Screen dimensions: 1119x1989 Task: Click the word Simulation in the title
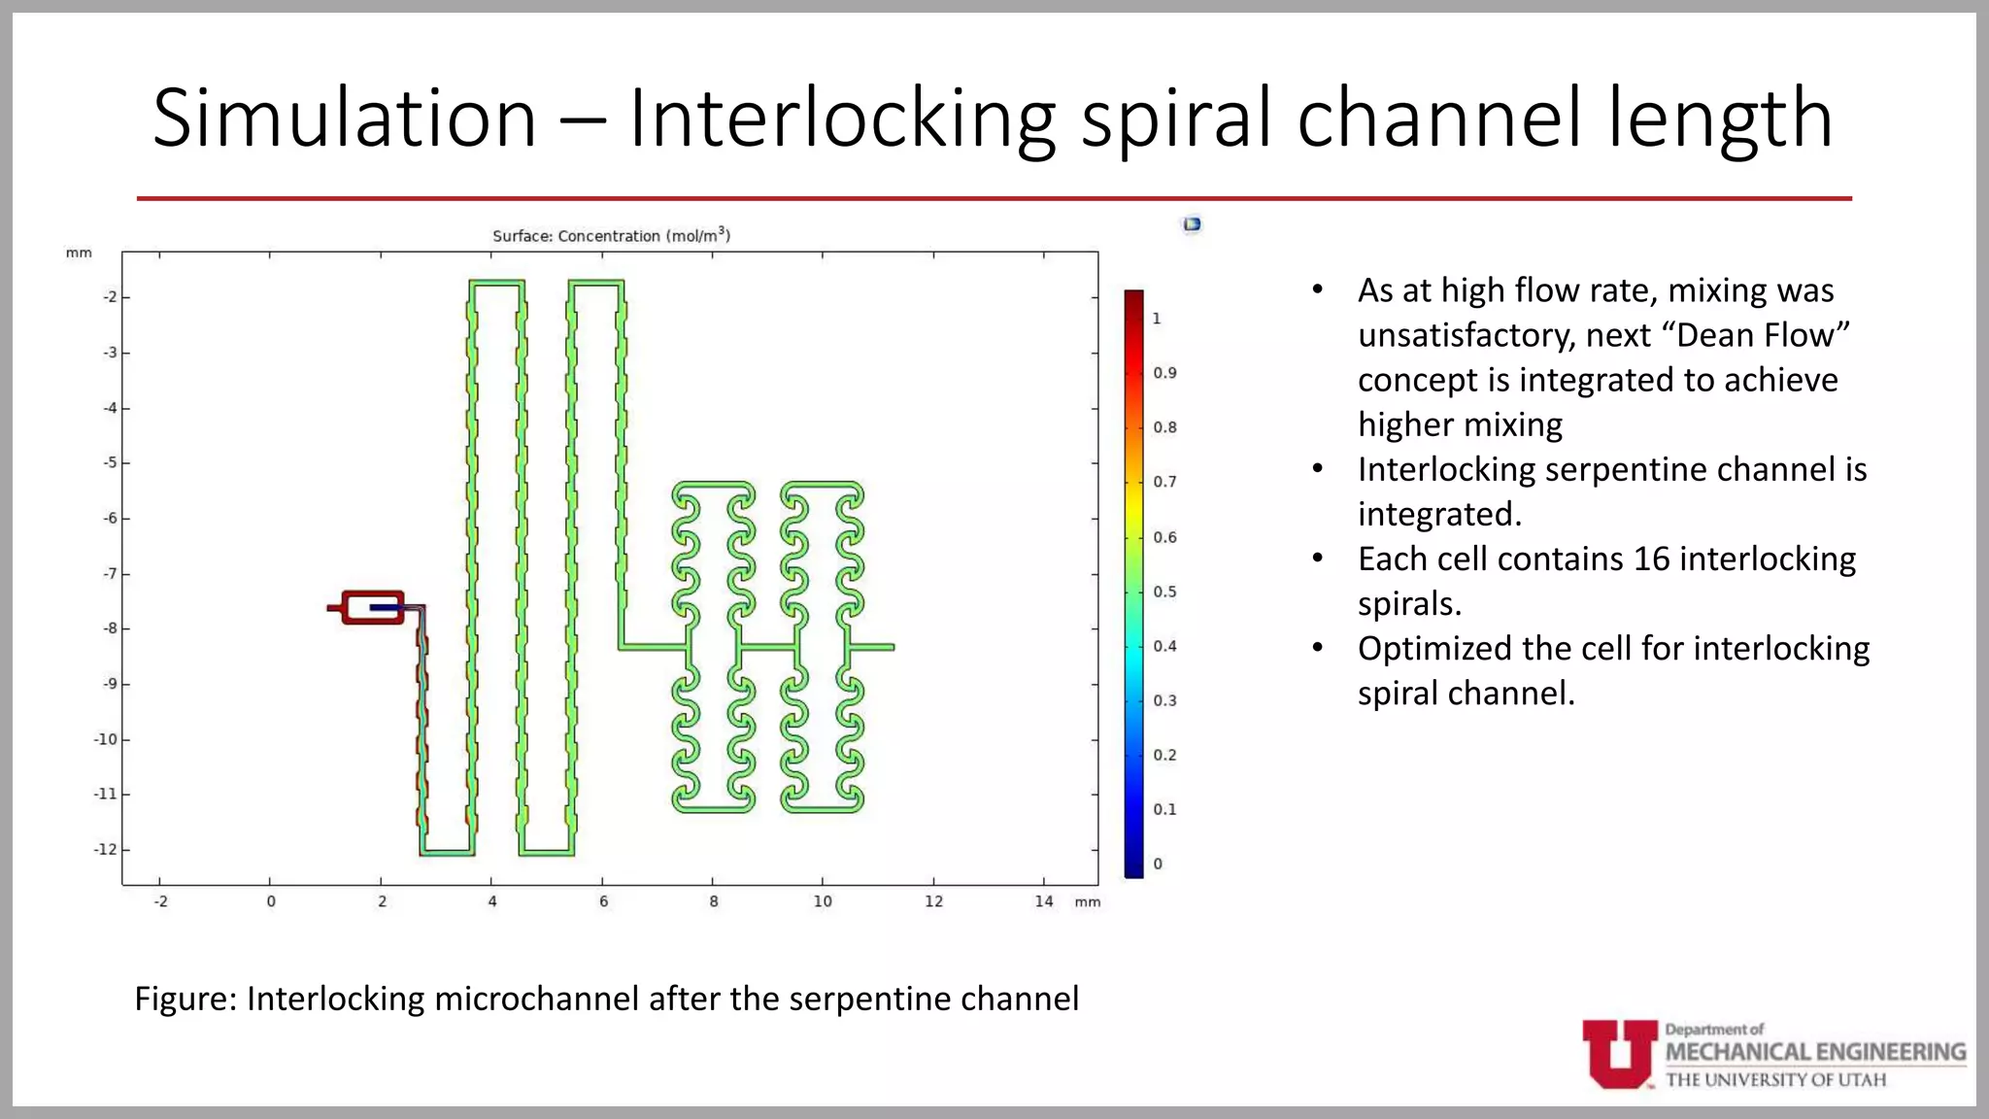pyautogui.click(x=345, y=119)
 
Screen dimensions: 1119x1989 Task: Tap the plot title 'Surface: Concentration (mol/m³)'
pyautogui.click(x=611, y=236)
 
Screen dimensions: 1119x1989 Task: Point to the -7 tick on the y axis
pyautogui.click(x=111, y=573)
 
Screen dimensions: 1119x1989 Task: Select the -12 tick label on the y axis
pyautogui.click(x=106, y=849)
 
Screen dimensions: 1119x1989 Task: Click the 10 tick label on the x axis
pyautogui.click(x=823, y=901)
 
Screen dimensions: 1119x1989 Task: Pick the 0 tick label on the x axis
pyautogui.click(x=271, y=901)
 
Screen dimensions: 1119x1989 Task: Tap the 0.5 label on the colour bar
pyautogui.click(x=1164, y=592)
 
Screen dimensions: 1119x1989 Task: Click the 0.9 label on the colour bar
pyautogui.click(x=1164, y=373)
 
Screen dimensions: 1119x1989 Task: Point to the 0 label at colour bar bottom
pyautogui.click(x=1158, y=864)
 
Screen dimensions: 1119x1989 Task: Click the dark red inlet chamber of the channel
pyautogui.click(x=373, y=607)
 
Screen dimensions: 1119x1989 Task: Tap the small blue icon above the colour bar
pyautogui.click(x=1192, y=224)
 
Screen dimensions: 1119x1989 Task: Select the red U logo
pyautogui.click(x=1619, y=1054)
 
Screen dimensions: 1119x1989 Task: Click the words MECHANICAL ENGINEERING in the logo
pyautogui.click(x=1815, y=1052)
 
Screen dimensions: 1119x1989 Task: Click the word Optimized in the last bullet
pyautogui.click(x=1438, y=649)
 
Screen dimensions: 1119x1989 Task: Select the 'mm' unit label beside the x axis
pyautogui.click(x=1088, y=902)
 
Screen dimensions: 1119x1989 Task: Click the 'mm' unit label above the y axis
pyautogui.click(x=79, y=253)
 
